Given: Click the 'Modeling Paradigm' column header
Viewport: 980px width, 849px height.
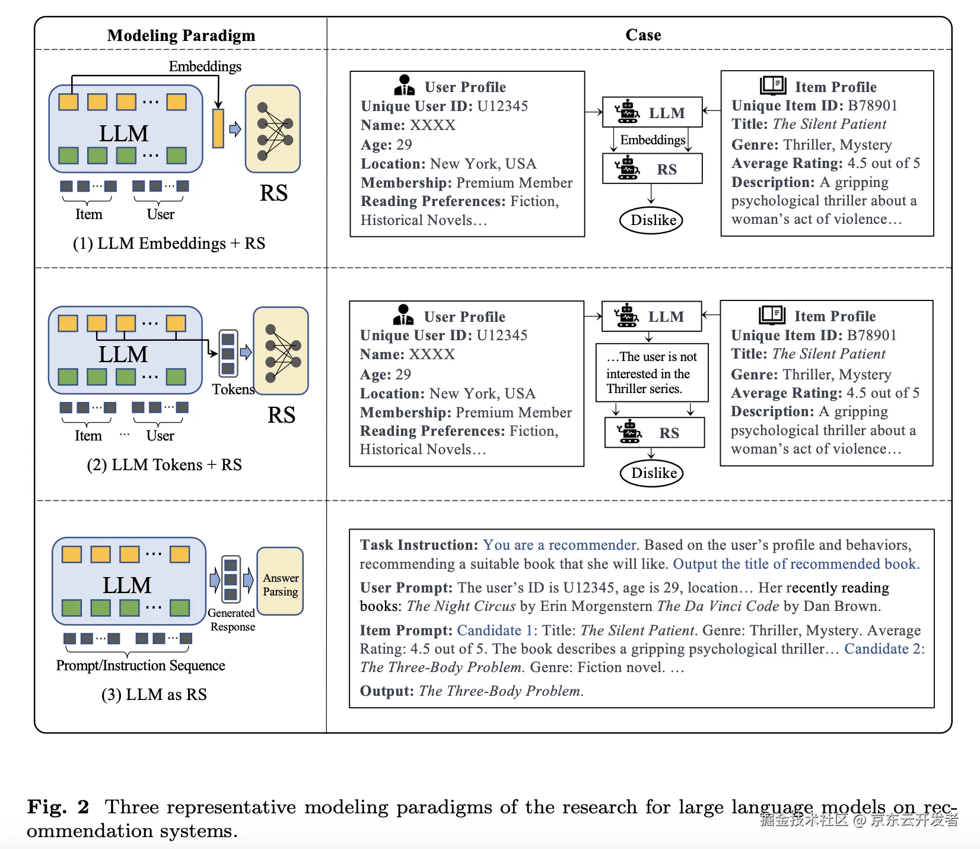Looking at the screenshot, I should pos(181,36).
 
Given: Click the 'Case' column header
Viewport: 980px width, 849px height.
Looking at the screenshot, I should pos(643,35).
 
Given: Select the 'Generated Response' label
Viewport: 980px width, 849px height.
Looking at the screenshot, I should pos(232,620).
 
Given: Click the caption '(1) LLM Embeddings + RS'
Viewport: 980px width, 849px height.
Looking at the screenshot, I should pos(169,243).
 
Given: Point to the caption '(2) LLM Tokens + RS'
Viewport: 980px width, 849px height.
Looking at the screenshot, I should pos(164,465).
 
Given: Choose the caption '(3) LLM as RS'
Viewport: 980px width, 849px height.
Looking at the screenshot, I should pos(154,695).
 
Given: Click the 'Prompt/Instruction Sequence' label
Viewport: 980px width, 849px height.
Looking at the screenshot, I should pos(141,666).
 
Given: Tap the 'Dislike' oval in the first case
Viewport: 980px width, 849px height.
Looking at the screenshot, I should pos(651,220).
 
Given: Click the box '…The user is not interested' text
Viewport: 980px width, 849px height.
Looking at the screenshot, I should pos(651,373).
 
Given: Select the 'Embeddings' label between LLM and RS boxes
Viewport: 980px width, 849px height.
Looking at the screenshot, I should pos(653,140).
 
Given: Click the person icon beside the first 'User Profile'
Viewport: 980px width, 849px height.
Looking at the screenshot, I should pos(404,85).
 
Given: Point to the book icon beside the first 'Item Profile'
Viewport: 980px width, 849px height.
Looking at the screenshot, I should pos(772,85).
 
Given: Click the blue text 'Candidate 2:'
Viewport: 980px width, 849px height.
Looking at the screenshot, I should pos(884,649).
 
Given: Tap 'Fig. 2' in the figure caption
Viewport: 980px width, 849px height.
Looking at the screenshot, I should pos(58,807).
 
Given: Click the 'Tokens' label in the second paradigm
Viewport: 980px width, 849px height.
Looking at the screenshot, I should pos(233,389).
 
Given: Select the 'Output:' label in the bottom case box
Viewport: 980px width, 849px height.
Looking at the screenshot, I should pos(387,691).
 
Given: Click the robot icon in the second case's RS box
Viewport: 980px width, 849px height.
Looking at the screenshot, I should pos(629,432).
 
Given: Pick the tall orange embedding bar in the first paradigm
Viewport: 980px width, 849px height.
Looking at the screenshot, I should pos(218,128).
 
